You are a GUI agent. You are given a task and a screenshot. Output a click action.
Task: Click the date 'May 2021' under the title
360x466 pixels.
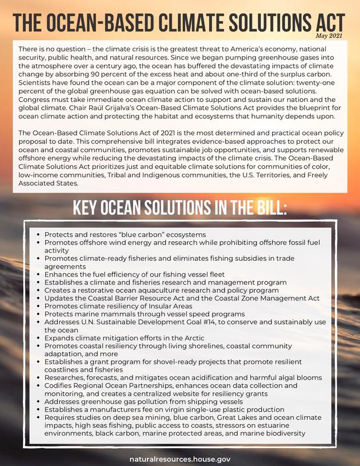(x=330, y=36)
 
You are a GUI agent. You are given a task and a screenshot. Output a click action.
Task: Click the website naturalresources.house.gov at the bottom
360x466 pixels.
(x=179, y=459)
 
